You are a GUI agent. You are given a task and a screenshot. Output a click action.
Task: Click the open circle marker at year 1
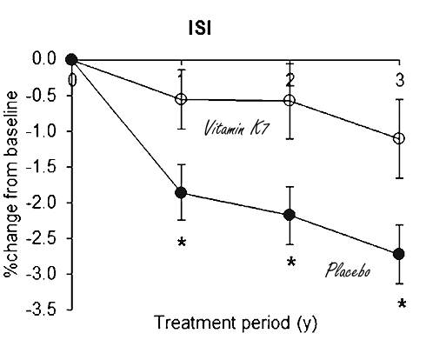[181, 99]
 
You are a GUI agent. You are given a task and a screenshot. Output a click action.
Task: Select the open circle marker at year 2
[290, 101]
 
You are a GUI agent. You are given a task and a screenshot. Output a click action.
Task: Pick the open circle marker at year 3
[399, 138]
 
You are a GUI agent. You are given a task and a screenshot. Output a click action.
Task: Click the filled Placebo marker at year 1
[181, 192]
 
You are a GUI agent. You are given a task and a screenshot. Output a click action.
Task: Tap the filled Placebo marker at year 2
[290, 215]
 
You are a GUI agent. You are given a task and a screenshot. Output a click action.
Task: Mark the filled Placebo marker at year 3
[399, 254]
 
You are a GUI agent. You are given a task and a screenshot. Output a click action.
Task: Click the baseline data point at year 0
[72, 59]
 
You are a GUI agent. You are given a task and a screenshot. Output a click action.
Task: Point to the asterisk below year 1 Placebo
[181, 243]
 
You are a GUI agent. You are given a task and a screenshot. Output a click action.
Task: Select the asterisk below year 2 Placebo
[291, 263]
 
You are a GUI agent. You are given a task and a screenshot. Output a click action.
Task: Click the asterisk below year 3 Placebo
[402, 304]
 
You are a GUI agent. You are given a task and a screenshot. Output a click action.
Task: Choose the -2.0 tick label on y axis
[45, 203]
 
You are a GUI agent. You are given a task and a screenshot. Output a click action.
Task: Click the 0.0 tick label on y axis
[47, 59]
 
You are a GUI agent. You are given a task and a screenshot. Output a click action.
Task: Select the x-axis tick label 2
[290, 79]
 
